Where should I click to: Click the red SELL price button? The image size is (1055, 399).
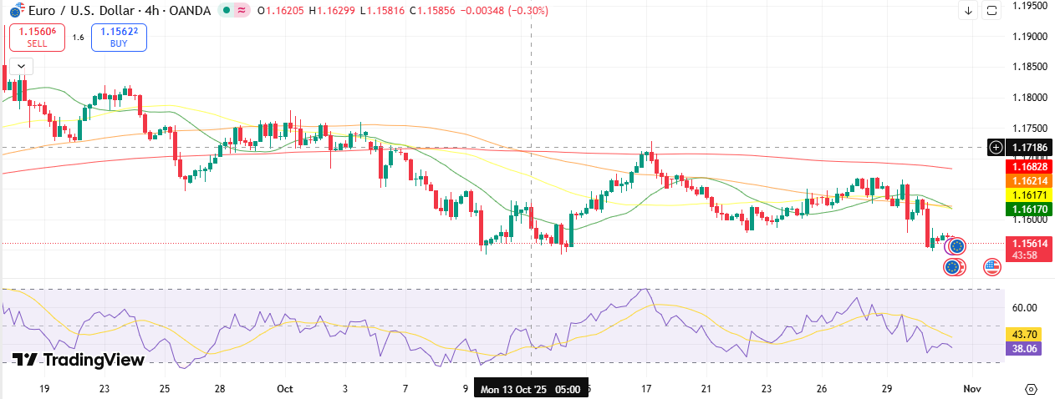[x=37, y=37]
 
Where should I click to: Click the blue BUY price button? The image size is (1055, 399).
[x=119, y=37]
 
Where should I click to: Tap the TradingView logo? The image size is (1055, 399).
[x=79, y=360]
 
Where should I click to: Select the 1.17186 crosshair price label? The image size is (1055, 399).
[x=1021, y=147]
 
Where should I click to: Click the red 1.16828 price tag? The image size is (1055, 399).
[x=1021, y=166]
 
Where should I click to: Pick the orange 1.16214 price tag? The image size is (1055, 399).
[x=1021, y=180]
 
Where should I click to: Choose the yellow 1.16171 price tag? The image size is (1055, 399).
[x=1021, y=194]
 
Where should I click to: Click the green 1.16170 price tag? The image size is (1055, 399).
[x=1021, y=209]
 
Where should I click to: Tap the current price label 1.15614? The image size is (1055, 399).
[x=1021, y=243]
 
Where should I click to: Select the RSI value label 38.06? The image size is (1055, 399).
[x=1024, y=349]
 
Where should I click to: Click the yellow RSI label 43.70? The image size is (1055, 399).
[x=1024, y=334]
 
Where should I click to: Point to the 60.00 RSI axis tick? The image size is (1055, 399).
[x=1024, y=307]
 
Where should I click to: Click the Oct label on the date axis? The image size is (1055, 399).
[x=285, y=389]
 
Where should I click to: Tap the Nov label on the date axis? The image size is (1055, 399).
[x=971, y=389]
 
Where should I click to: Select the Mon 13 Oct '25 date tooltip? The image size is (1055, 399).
[x=530, y=389]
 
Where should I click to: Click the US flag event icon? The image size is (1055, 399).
[x=991, y=267]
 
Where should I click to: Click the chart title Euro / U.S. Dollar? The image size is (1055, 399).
[x=80, y=10]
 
